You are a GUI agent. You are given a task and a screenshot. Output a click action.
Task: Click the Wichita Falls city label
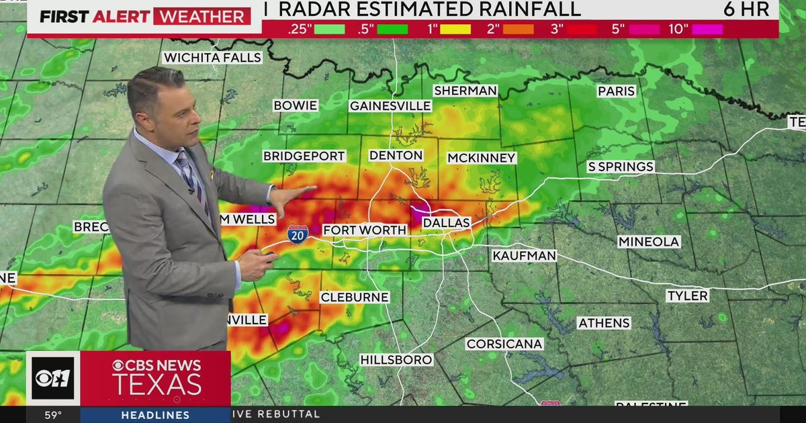[x=212, y=58]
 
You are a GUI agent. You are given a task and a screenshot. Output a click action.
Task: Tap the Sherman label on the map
[x=465, y=91]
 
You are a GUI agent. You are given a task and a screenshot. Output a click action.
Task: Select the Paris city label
[x=616, y=91]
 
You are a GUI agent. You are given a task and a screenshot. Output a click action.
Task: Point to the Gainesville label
[x=390, y=106]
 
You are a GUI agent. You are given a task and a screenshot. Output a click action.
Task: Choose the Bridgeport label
[x=304, y=156]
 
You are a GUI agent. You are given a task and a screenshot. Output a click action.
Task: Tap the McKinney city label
[x=482, y=158]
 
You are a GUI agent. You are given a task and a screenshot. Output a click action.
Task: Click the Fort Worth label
[x=365, y=230]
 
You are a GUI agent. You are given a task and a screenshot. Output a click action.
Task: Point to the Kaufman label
[x=524, y=256]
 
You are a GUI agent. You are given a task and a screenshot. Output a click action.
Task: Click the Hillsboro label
[x=396, y=360]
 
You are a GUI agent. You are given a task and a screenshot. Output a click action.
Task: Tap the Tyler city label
[x=687, y=295]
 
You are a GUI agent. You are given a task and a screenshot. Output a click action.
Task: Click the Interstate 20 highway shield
[x=298, y=234]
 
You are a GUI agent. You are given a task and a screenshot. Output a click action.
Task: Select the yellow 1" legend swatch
[x=455, y=29]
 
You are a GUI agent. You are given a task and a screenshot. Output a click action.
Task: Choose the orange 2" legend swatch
[x=519, y=29]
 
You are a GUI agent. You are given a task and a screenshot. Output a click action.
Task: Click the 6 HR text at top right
[x=747, y=9]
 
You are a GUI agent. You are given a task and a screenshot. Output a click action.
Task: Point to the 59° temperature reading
[x=53, y=415]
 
